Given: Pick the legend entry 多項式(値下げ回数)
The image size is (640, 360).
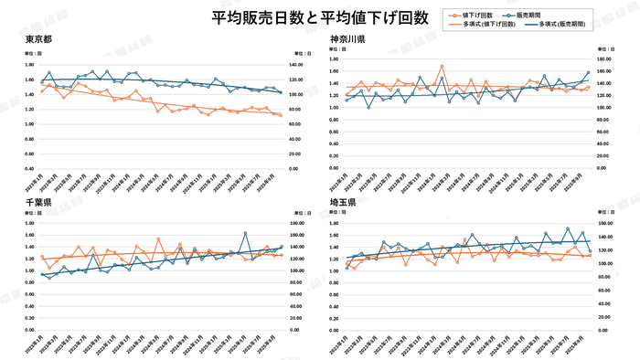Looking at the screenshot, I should tap(485, 26).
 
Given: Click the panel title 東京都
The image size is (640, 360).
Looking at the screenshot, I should tap(37, 39).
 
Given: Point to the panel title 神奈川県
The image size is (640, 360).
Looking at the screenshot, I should tap(348, 39).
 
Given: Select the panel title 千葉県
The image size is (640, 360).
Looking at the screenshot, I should tap(37, 201).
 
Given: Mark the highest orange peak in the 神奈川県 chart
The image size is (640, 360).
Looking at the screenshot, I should tap(442, 66).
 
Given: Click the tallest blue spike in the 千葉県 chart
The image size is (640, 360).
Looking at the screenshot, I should tap(245, 233).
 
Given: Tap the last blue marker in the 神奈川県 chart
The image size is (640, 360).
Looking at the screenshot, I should tap(588, 72).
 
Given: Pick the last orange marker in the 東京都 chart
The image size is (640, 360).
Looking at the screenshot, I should tap(281, 116).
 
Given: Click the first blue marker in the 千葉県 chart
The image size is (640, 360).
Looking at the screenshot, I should tap(41, 274).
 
